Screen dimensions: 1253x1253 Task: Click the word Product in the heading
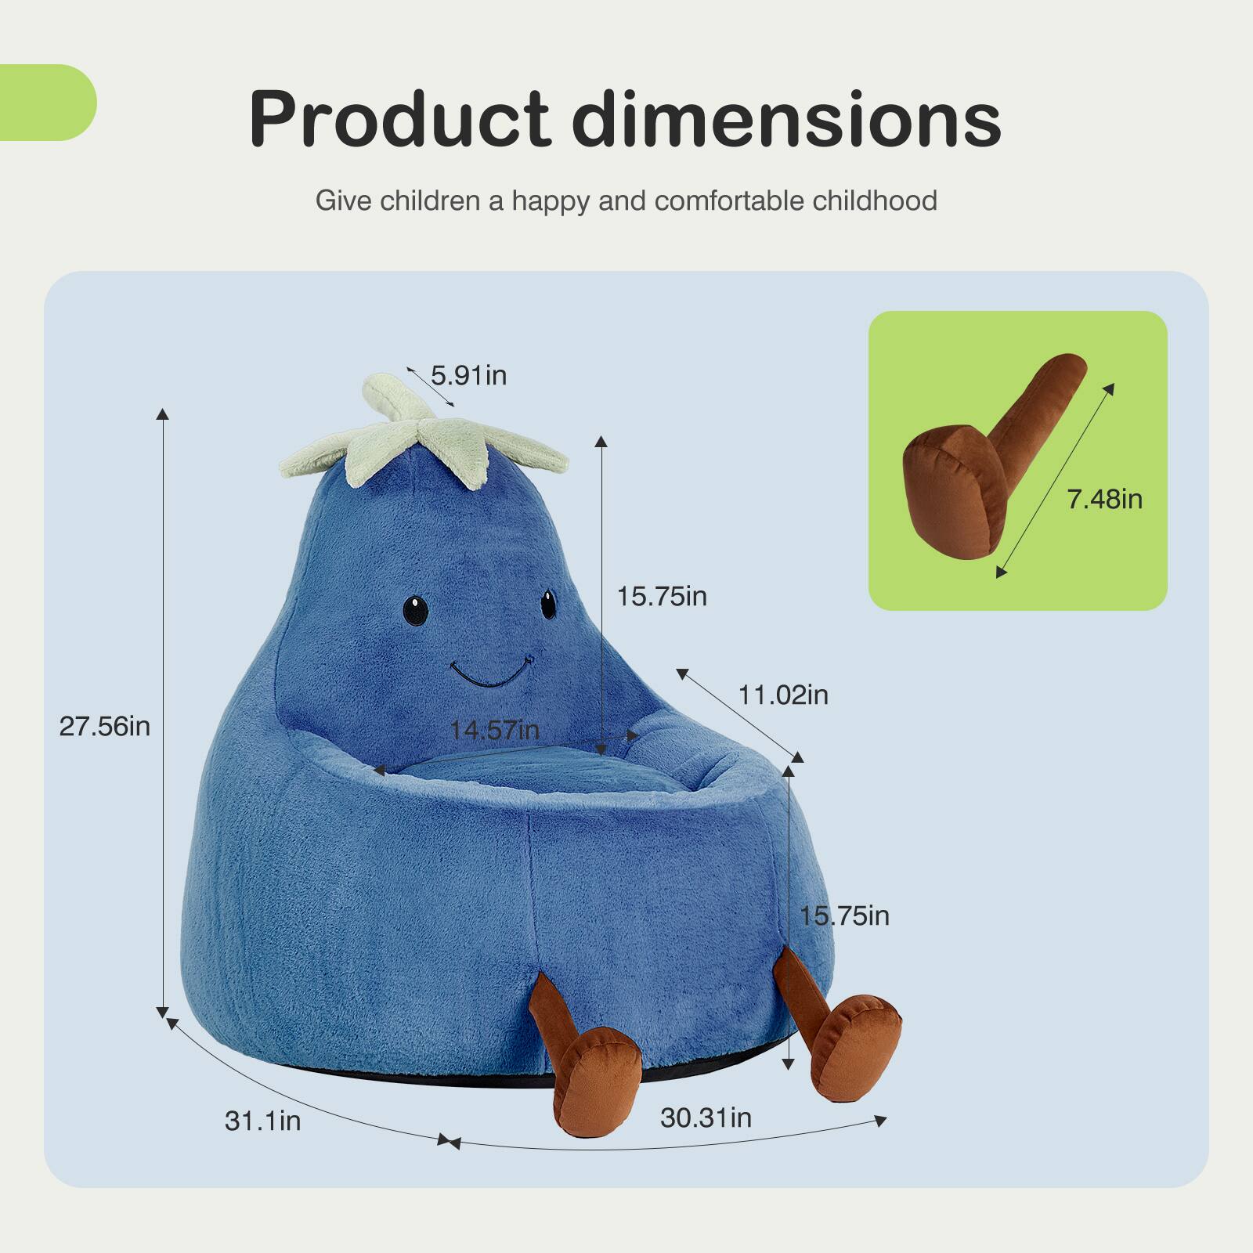coord(399,119)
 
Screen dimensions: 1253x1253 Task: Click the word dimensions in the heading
coord(786,119)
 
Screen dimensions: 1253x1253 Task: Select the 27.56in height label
coord(104,727)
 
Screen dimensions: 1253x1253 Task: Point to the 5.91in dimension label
coord(468,376)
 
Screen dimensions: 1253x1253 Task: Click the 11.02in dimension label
coord(783,695)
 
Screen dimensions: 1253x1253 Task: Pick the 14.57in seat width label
coord(494,731)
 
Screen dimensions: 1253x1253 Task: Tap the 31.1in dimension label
coord(262,1121)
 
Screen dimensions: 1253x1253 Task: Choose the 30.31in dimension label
coord(706,1118)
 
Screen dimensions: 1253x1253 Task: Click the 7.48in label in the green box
coord(1104,499)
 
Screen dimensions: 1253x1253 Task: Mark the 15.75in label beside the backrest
coord(662,597)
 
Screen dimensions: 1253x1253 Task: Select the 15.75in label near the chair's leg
coord(844,915)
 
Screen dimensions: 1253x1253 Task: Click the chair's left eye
coord(416,610)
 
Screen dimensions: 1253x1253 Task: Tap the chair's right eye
coord(548,604)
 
